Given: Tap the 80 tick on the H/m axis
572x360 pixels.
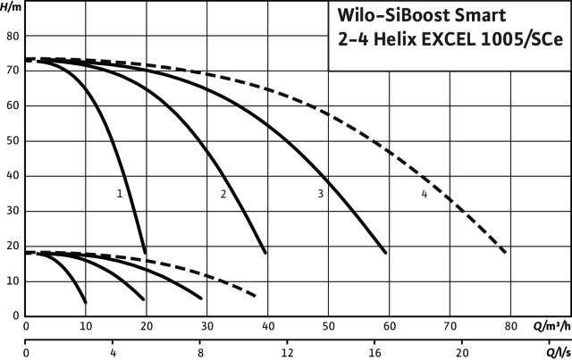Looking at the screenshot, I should [x=13, y=37].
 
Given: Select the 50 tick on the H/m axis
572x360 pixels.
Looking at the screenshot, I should [x=13, y=141].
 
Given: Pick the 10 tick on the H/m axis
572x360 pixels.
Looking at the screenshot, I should [x=13, y=281].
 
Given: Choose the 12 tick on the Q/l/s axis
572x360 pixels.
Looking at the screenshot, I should [x=288, y=352].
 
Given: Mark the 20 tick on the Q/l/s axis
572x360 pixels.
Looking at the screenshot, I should [x=462, y=352].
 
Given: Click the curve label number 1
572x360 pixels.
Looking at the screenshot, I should [x=119, y=193].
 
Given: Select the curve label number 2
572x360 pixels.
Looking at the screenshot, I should [x=223, y=193].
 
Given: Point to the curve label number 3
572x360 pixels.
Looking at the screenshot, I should [x=320, y=193].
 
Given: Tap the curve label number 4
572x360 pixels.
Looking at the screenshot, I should [x=425, y=193].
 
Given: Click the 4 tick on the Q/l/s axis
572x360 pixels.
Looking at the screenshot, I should [x=113, y=352].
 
